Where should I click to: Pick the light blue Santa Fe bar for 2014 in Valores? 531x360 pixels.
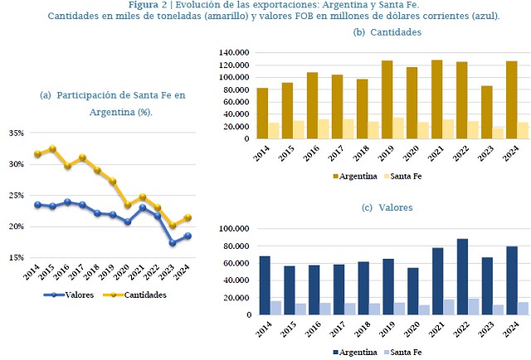tap(275, 308)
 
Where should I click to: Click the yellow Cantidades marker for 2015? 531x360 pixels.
tap(53, 149)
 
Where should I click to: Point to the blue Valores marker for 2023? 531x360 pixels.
tap(173, 243)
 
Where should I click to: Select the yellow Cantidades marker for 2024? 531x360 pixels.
tap(188, 217)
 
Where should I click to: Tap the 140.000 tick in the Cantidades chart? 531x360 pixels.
tap(234, 52)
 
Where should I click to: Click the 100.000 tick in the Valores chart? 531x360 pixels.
tap(234, 229)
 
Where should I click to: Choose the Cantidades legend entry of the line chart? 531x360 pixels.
tap(138, 294)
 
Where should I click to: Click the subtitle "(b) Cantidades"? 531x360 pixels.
tap(387, 32)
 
